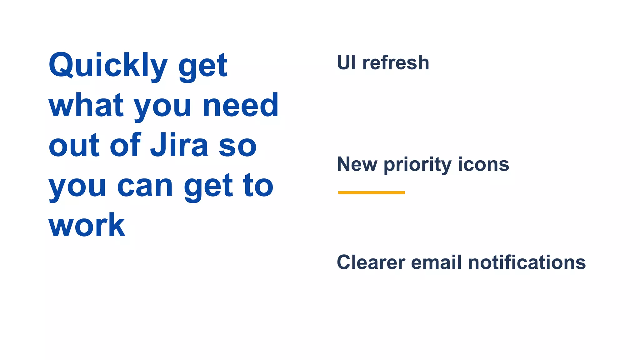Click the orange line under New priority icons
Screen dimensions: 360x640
371,192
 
